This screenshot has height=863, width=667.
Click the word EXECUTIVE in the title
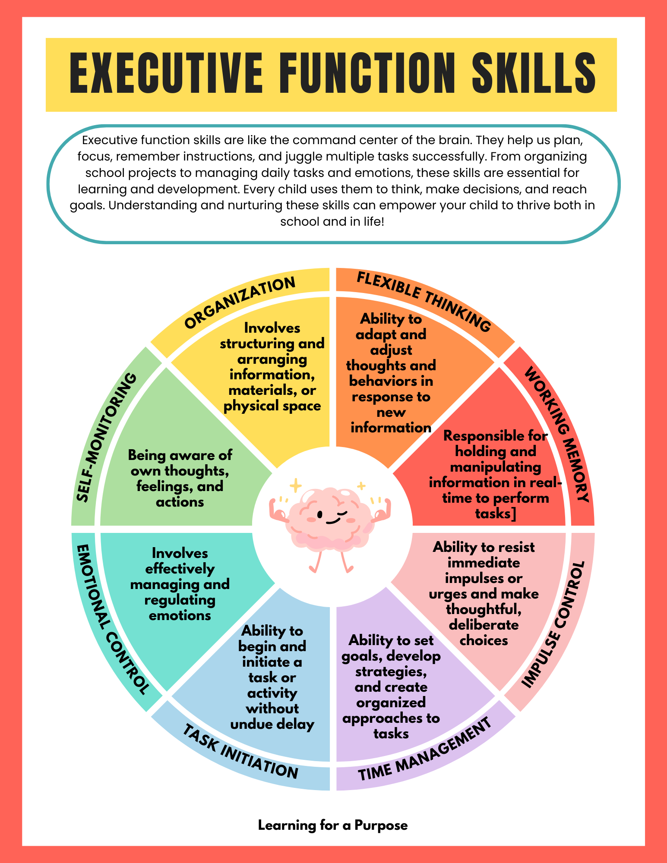[166, 73]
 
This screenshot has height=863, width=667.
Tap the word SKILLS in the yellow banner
[534, 73]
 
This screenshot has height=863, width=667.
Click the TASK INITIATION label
[240, 751]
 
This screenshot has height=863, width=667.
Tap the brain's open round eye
[320, 514]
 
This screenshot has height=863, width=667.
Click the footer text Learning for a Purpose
[333, 825]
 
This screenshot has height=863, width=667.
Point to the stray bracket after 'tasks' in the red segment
[513, 514]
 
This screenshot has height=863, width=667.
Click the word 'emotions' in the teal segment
[180, 615]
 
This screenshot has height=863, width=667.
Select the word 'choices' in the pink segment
[484, 640]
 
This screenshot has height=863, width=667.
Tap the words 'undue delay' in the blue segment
[272, 724]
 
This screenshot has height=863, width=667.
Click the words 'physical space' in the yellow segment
[272, 406]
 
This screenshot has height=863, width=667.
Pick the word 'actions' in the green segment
[180, 502]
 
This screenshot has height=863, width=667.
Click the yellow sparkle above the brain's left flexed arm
[296, 486]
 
